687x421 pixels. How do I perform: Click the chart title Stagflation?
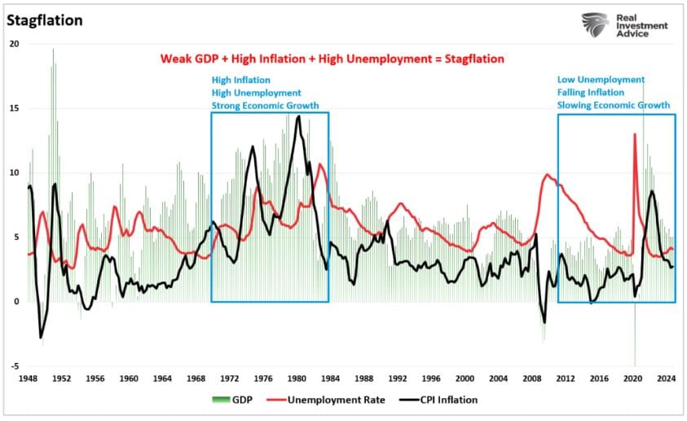(x=45, y=20)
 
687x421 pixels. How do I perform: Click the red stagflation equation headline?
(x=331, y=59)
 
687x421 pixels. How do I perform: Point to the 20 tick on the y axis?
(x=14, y=44)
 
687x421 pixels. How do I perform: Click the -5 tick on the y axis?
(x=14, y=366)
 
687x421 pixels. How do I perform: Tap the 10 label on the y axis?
(x=14, y=173)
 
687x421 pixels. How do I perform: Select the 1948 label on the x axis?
(x=28, y=379)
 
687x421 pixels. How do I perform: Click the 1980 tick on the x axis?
(x=297, y=379)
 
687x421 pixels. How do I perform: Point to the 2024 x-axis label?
(x=666, y=379)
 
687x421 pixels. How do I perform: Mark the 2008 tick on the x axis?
(x=531, y=379)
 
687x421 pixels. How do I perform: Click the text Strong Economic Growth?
(x=265, y=105)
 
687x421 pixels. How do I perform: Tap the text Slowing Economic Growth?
(x=613, y=105)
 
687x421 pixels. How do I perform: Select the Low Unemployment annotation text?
(x=601, y=80)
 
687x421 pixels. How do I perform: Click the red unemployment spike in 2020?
(x=635, y=135)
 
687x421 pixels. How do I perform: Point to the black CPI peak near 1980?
(x=298, y=117)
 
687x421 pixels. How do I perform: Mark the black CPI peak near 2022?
(x=651, y=191)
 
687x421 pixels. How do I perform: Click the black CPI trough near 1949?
(x=42, y=336)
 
